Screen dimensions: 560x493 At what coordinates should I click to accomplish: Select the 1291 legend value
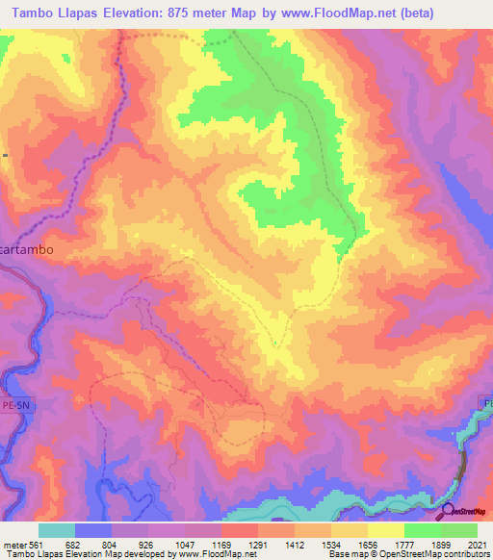[x=257, y=545]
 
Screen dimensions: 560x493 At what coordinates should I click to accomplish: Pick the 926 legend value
[x=147, y=545]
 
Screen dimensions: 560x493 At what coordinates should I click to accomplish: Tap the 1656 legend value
[x=367, y=545]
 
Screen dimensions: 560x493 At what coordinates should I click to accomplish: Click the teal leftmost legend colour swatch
[x=57, y=530]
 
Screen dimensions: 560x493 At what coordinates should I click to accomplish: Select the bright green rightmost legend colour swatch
[x=459, y=530]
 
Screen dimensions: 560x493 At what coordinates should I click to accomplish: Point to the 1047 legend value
[x=184, y=545]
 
